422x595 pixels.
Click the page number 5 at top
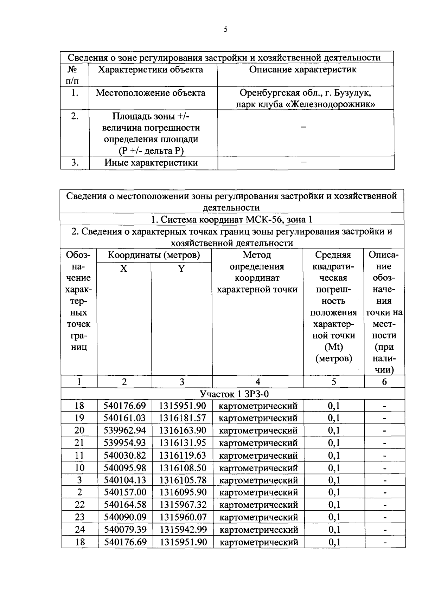coord(225,30)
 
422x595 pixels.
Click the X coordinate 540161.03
coord(124,418)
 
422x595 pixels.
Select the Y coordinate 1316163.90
coord(182,430)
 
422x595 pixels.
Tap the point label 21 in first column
coord(79,443)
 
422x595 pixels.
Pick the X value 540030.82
coord(124,455)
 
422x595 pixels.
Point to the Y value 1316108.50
coord(182,468)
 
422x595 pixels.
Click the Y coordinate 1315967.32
coord(182,505)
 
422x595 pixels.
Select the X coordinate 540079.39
coord(125,529)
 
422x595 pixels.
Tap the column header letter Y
coord(181,269)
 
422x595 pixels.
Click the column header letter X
coord(124,269)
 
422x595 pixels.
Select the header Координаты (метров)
coord(154,255)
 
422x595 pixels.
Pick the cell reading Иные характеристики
coord(151,163)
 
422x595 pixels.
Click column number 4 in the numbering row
coord(258,382)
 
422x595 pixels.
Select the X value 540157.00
coord(125,492)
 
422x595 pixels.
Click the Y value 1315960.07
coord(182,517)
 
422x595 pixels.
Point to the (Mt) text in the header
coord(333,347)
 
